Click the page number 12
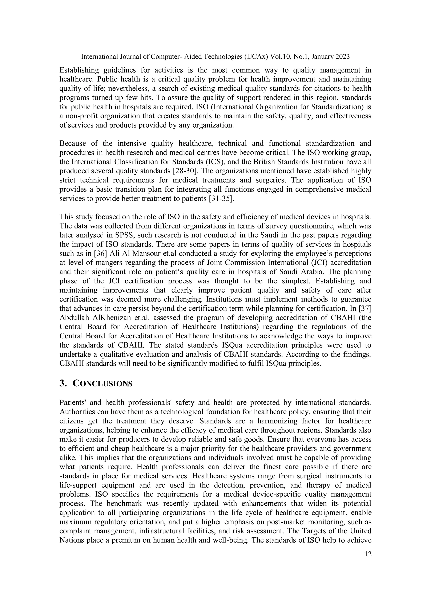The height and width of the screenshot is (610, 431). pos(368,554)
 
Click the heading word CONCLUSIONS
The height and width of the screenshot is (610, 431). pos(102,384)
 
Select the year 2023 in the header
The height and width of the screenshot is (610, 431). pos(342,57)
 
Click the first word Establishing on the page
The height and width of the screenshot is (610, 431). pos(79,70)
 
